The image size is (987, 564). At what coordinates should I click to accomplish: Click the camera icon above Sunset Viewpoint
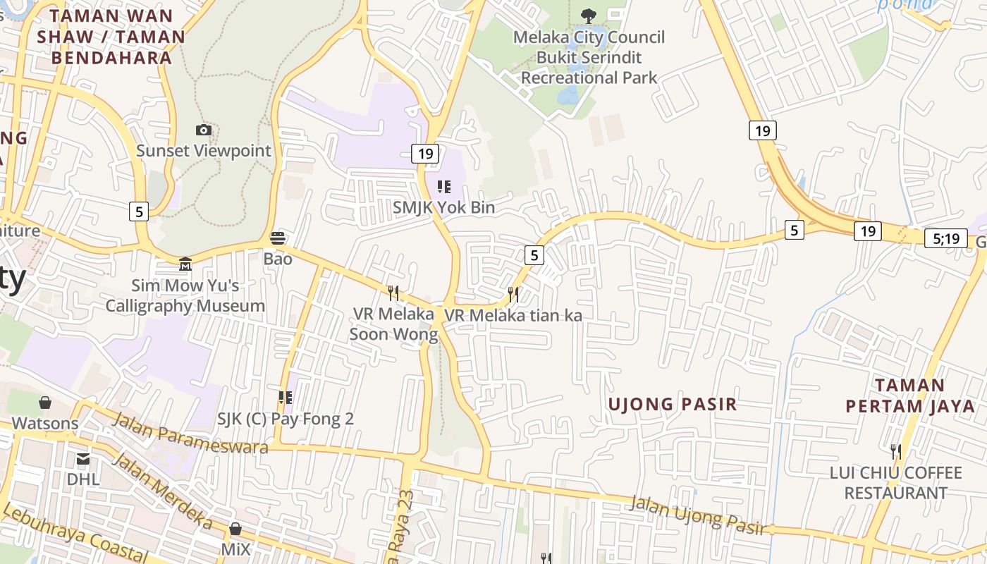click(x=203, y=130)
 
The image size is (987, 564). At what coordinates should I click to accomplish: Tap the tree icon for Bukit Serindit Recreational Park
click(x=588, y=15)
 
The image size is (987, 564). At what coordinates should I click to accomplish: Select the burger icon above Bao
click(x=278, y=238)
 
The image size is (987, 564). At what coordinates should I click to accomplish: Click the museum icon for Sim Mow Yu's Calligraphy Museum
click(x=185, y=264)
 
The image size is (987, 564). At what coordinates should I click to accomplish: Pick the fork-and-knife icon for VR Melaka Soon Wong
click(x=393, y=292)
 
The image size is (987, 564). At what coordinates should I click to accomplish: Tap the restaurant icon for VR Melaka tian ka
click(x=513, y=294)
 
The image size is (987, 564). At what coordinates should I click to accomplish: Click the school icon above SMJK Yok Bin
click(x=443, y=187)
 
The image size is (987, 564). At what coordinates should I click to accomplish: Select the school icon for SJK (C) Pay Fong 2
click(x=285, y=398)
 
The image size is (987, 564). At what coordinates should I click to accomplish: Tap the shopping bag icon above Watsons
click(x=45, y=403)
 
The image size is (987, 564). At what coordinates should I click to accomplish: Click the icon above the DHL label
click(x=83, y=459)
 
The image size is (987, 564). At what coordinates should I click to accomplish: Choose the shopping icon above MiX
click(x=235, y=528)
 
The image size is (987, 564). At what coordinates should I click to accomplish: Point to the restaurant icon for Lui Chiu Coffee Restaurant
click(x=895, y=451)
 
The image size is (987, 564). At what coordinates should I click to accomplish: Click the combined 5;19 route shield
click(x=946, y=238)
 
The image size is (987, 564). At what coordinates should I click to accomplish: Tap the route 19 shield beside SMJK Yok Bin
click(x=424, y=153)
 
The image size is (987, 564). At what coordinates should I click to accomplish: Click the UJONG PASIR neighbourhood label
click(x=672, y=404)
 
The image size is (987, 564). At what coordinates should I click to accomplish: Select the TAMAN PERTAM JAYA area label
click(x=910, y=396)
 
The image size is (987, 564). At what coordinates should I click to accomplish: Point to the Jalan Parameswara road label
click(x=190, y=434)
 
